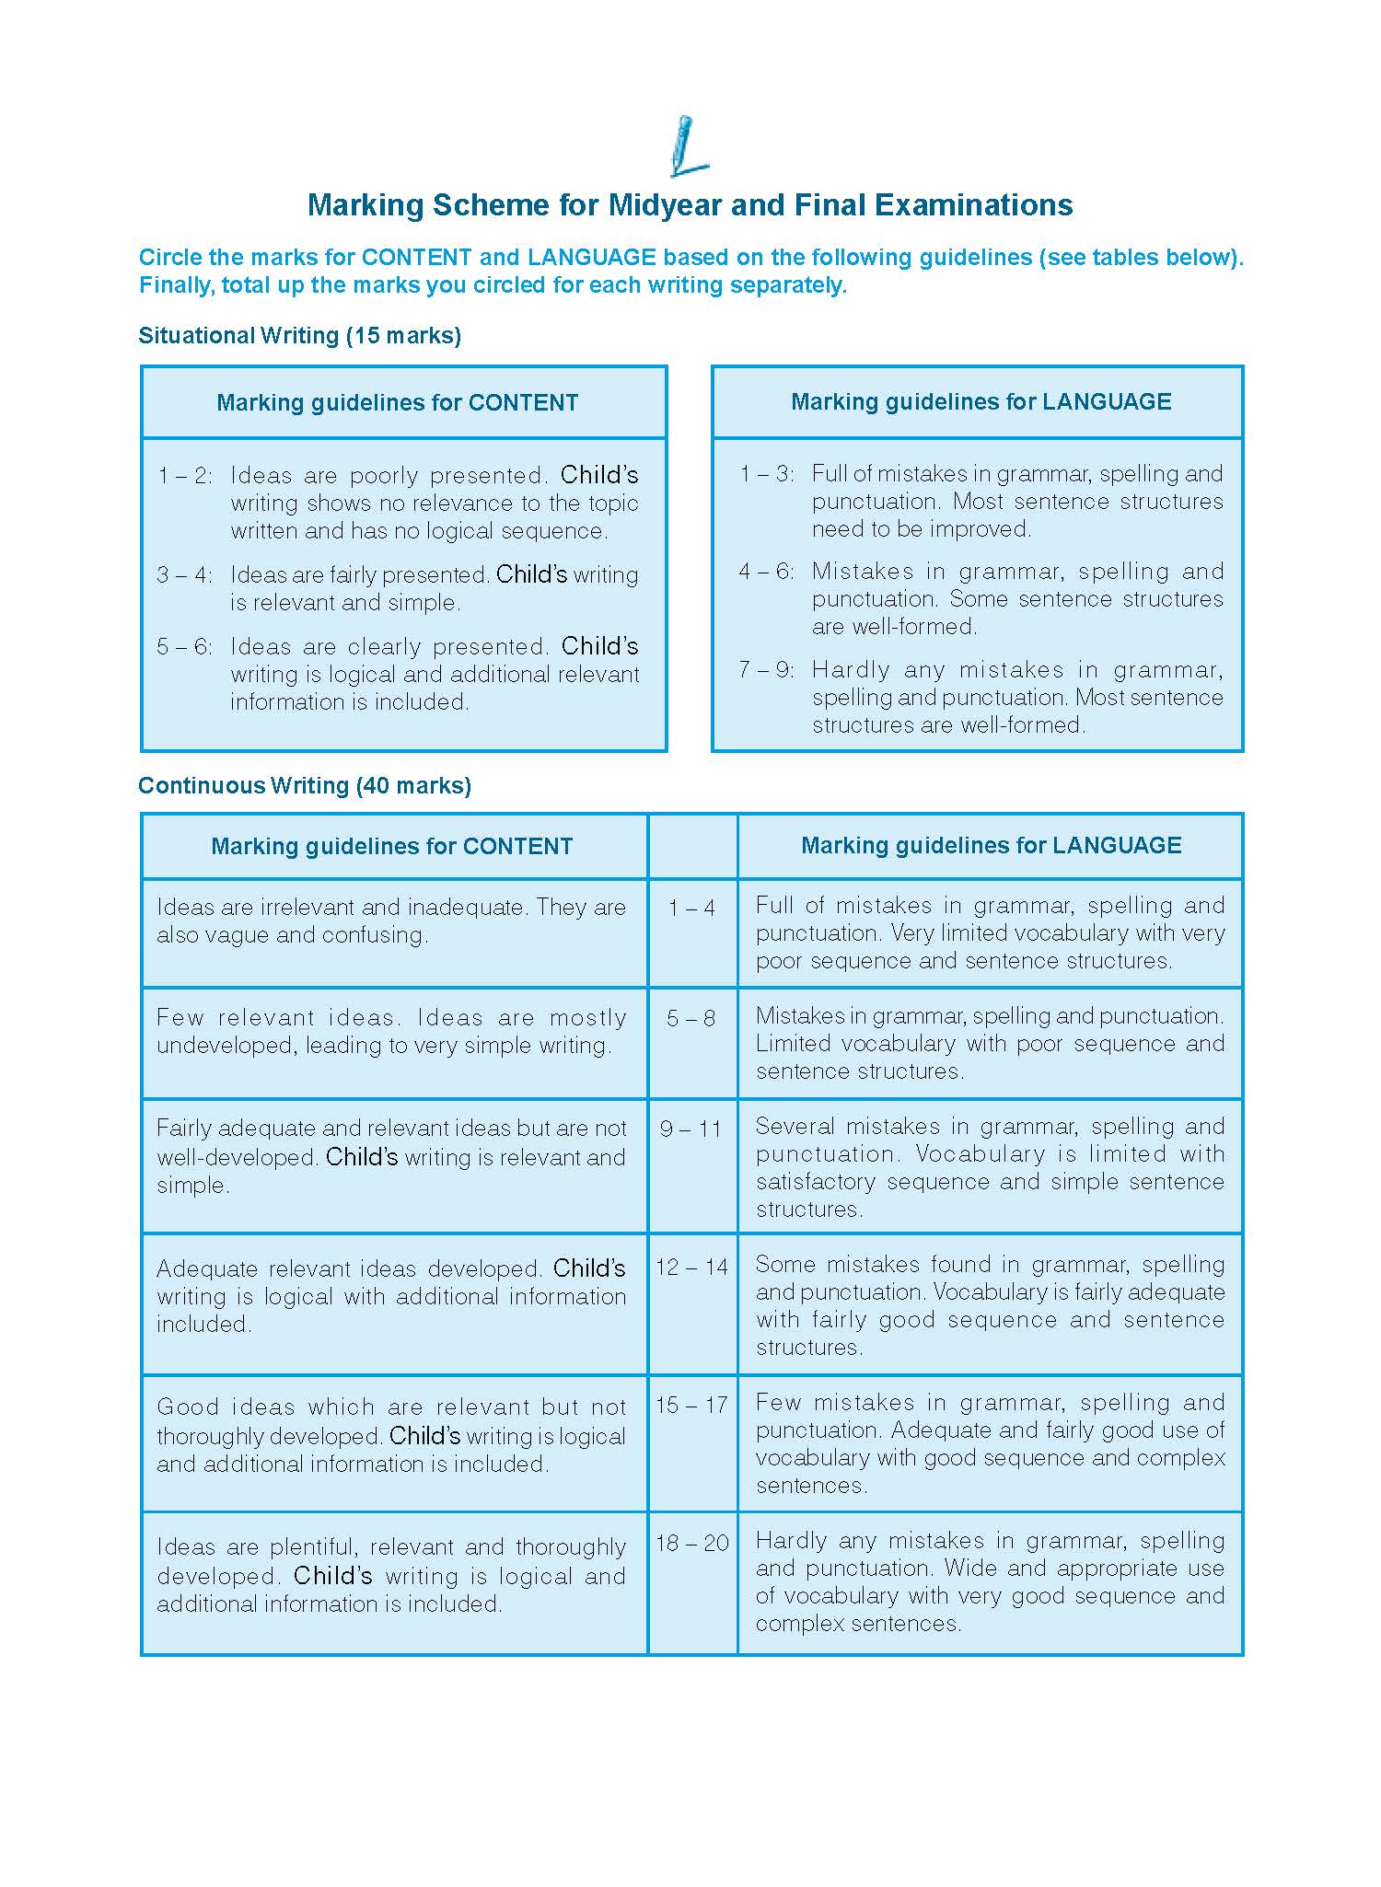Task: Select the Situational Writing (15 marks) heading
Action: (299, 336)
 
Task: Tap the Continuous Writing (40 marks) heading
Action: (305, 786)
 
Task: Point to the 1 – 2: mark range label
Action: (184, 476)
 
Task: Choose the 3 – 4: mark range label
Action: (184, 575)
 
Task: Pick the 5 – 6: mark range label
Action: (184, 647)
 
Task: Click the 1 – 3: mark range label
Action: (766, 474)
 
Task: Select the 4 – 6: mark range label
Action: (766, 572)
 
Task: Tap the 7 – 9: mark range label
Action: (766, 670)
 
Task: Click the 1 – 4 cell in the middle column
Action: (692, 909)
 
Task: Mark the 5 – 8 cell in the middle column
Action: (691, 1019)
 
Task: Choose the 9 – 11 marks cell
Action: (691, 1129)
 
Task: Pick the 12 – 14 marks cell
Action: (691, 1268)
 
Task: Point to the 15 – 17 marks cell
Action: (691, 1406)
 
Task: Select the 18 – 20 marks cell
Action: (691, 1544)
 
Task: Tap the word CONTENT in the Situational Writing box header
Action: (523, 403)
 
